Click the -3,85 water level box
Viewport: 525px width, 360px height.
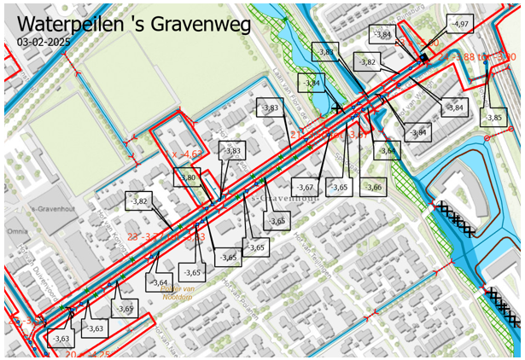click(493, 117)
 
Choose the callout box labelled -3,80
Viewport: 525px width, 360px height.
click(189, 177)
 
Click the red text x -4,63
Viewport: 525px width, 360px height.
click(186, 154)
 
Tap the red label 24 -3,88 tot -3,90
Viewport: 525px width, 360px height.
click(478, 57)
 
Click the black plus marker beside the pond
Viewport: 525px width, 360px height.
click(339, 108)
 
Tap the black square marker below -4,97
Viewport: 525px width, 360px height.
click(423, 56)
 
